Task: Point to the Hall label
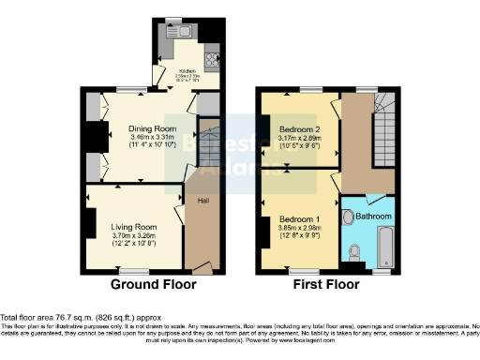click(x=202, y=200)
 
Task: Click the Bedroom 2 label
click(x=300, y=128)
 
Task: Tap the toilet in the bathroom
click(x=353, y=251)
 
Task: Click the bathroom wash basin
click(x=349, y=217)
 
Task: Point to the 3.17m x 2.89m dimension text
click(x=300, y=138)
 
